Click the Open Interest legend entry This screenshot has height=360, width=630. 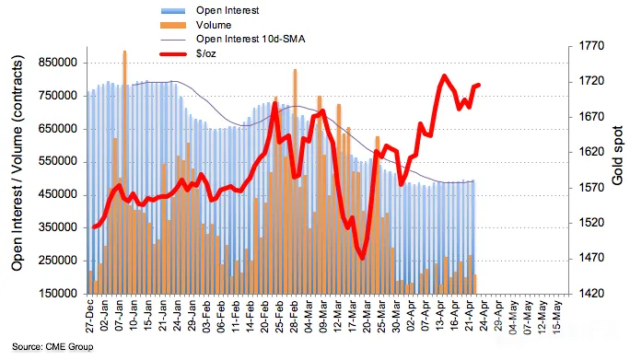tap(210, 10)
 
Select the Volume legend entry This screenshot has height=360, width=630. tap(195, 25)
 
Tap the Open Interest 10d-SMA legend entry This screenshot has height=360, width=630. tap(233, 39)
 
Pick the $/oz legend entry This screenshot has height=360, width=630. tap(188, 53)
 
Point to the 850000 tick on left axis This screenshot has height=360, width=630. tap(58, 63)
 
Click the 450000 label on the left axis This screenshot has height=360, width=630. tap(58, 194)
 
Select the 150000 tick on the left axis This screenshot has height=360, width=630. tap(58, 294)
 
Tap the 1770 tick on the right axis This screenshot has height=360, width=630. tap(591, 46)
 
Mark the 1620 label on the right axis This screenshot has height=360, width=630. tap(591, 152)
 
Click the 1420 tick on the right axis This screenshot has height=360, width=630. tap(591, 294)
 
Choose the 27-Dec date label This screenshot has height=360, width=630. tap(89, 316)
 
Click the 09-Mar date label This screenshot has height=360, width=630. tap(323, 316)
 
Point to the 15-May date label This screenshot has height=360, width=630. tap(557, 316)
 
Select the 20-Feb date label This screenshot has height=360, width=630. tap(264, 316)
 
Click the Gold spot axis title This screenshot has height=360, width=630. tap(617, 156)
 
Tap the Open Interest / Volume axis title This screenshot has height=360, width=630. tap(17, 163)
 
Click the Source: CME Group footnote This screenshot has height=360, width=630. tap(52, 347)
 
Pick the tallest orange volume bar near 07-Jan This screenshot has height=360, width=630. tap(124, 172)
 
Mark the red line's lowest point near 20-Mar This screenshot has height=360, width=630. tap(362, 259)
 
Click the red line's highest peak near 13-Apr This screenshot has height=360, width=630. tap(444, 75)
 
